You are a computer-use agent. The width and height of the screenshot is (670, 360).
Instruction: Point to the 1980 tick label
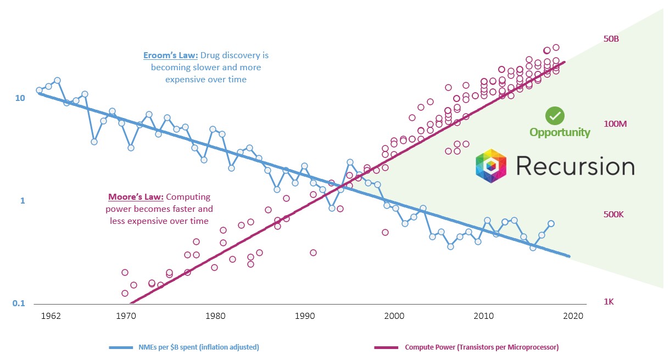[x=215, y=316]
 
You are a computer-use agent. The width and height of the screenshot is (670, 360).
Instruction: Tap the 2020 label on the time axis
[x=571, y=316]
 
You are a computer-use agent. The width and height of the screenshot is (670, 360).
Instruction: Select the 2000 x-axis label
[x=394, y=316]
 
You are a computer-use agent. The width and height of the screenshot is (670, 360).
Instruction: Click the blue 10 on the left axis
[x=20, y=98]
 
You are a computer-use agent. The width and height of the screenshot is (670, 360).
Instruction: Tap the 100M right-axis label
[x=615, y=124]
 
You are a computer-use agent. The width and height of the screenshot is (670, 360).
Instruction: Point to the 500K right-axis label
[x=613, y=215]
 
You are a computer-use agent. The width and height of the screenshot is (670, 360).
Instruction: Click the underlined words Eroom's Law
[x=170, y=55]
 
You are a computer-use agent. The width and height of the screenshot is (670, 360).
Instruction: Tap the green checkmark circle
[x=555, y=116]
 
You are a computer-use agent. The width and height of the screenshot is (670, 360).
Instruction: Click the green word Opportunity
[x=560, y=132]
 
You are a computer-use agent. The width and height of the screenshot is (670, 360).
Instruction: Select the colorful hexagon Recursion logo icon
[x=493, y=165]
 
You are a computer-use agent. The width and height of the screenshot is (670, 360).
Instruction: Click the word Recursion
[x=575, y=166]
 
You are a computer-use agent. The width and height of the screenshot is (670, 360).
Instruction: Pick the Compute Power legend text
[x=482, y=347]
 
